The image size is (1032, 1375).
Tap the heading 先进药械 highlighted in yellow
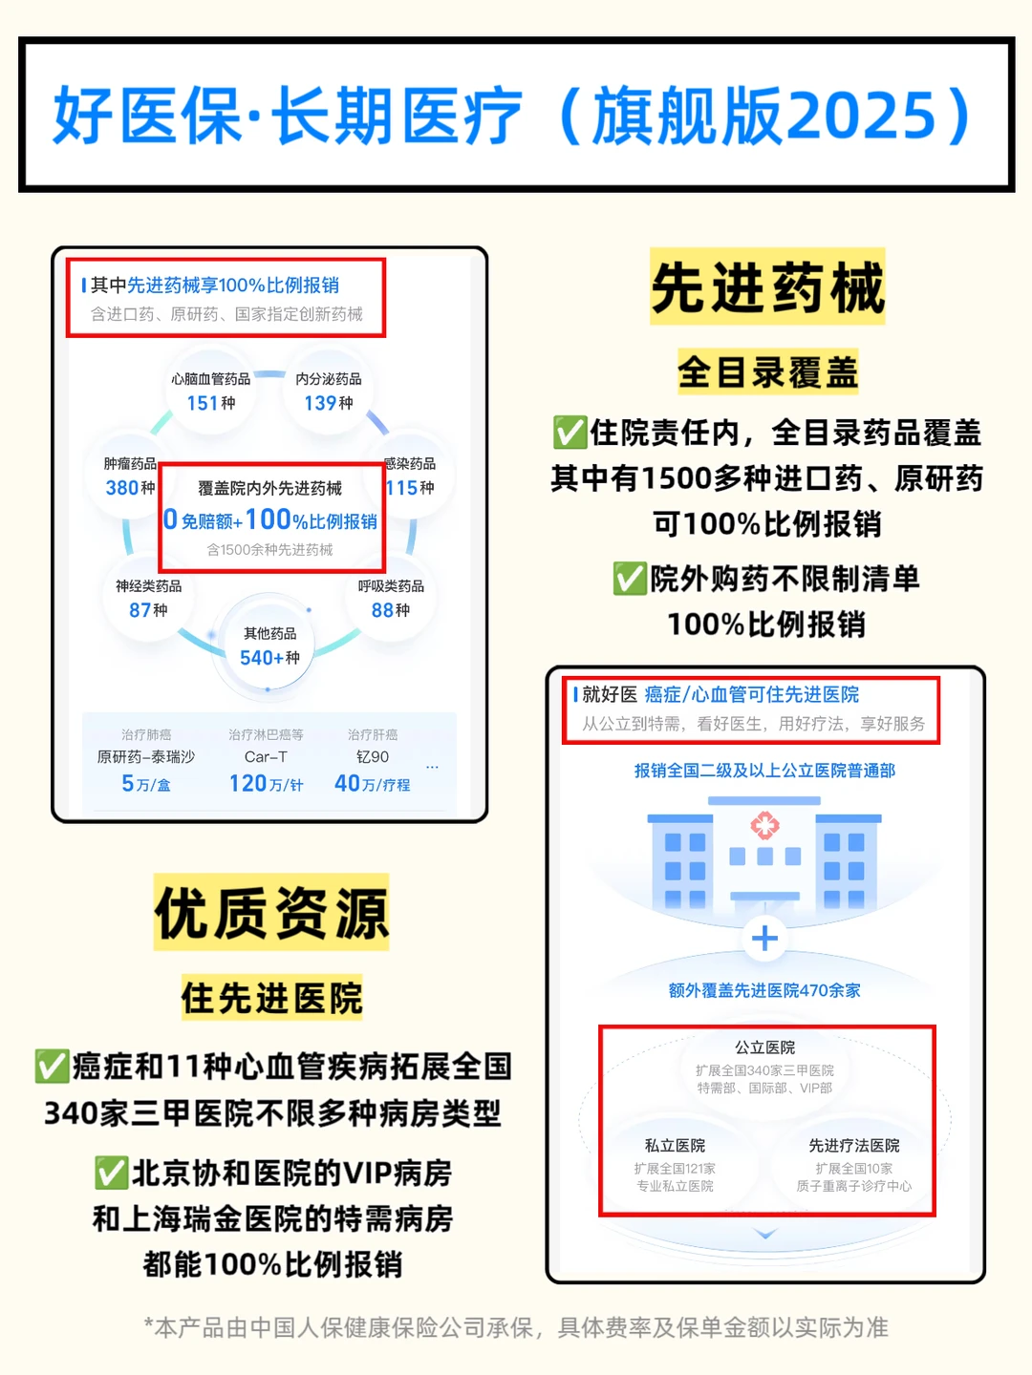(x=768, y=287)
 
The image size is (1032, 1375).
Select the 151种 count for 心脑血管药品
(x=211, y=403)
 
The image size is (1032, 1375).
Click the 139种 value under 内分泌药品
(x=329, y=403)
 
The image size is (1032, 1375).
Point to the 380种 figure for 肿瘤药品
(x=130, y=488)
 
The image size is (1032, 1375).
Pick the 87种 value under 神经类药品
(x=148, y=610)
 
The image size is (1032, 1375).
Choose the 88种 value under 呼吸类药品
(x=391, y=610)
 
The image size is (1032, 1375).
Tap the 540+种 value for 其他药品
(x=269, y=658)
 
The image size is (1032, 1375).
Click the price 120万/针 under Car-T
(x=266, y=784)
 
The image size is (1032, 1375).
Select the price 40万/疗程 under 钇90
(x=373, y=784)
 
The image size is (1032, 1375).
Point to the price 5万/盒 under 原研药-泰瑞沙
(x=146, y=784)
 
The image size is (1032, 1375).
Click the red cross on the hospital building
(x=764, y=825)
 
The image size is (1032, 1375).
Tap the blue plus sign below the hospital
(x=764, y=939)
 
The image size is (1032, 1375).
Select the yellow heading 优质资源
(x=271, y=913)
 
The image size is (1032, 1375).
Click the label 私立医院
(x=675, y=1146)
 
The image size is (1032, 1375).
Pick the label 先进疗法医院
(x=854, y=1146)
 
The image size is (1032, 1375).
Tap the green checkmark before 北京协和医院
(x=111, y=1174)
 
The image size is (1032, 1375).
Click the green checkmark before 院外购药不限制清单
(x=630, y=579)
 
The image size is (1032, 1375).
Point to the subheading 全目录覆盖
(x=768, y=372)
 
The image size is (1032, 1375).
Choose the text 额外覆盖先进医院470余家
(x=764, y=991)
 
